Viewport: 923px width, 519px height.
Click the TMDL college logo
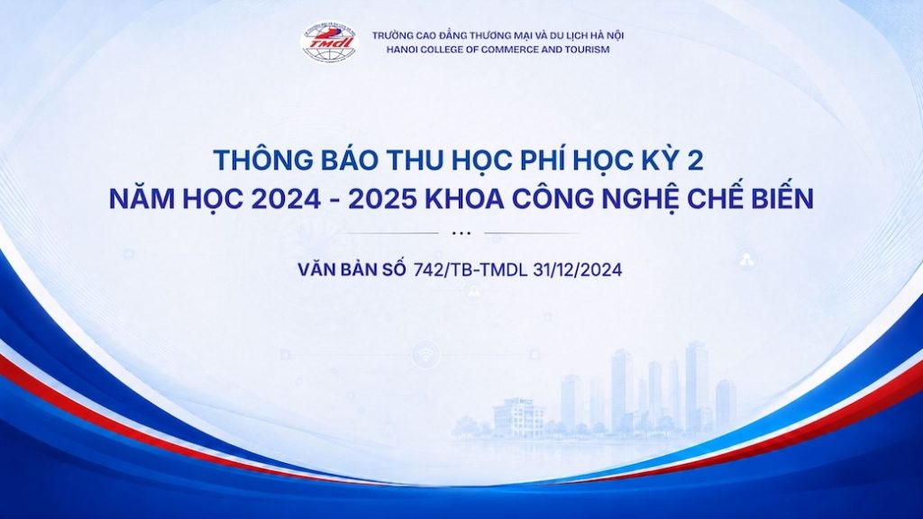[329, 41]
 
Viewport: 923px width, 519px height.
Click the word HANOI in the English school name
[400, 50]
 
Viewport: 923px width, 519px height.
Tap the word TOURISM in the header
[588, 50]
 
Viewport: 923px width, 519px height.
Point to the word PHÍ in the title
[545, 160]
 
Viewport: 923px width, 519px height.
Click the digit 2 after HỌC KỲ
[695, 160]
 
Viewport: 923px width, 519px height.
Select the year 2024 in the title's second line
[286, 199]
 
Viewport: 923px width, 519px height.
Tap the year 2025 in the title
[383, 199]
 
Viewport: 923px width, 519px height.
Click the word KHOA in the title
[465, 199]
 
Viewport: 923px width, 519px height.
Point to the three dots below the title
[461, 233]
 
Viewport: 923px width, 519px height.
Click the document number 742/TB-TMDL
[471, 269]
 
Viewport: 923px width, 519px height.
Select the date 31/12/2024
[578, 269]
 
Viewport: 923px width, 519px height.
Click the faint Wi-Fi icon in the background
[425, 355]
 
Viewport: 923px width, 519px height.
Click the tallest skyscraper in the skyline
[697, 386]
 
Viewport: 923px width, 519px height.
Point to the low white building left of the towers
[518, 417]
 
